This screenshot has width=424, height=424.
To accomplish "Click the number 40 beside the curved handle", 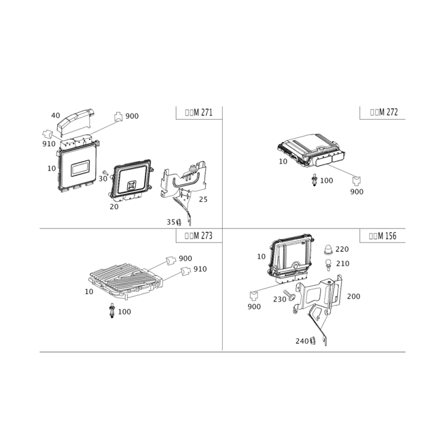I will (55, 114).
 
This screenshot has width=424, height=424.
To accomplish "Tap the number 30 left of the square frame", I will (103, 179).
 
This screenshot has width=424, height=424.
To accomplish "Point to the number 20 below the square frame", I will (114, 205).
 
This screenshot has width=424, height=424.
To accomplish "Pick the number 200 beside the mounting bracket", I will (353, 296).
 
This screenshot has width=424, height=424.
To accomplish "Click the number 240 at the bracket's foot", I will (302, 340).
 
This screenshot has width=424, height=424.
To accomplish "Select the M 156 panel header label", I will (383, 237).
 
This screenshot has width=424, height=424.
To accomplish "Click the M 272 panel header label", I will (384, 112).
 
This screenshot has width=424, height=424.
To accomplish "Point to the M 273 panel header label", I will (198, 237).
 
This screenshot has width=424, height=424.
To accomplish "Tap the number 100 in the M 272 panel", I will (325, 181).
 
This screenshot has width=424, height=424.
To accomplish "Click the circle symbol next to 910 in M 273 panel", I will (185, 270).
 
